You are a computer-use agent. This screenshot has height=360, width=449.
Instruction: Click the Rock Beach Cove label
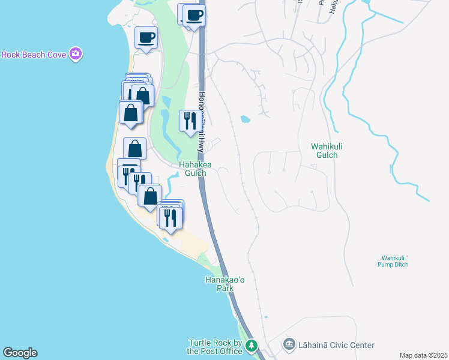34,55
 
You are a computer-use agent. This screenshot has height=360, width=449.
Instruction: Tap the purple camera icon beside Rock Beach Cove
76,55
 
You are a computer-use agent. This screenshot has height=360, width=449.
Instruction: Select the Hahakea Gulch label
192,169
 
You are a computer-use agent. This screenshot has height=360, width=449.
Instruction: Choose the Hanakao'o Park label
219,284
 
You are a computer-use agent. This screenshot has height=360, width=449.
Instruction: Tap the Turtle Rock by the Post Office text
214,347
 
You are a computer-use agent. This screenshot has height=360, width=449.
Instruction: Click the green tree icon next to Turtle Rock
252,346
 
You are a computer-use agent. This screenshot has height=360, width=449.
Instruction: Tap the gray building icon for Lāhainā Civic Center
289,345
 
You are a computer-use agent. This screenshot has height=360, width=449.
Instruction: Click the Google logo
20,353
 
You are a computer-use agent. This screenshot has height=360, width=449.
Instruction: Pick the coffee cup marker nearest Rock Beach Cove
146,38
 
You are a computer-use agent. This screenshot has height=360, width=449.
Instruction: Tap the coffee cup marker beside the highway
194,15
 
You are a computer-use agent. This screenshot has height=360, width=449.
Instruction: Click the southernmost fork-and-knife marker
170,218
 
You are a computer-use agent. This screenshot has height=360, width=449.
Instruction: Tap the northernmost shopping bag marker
143,96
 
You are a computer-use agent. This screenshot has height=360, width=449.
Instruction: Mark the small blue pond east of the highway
245,119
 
